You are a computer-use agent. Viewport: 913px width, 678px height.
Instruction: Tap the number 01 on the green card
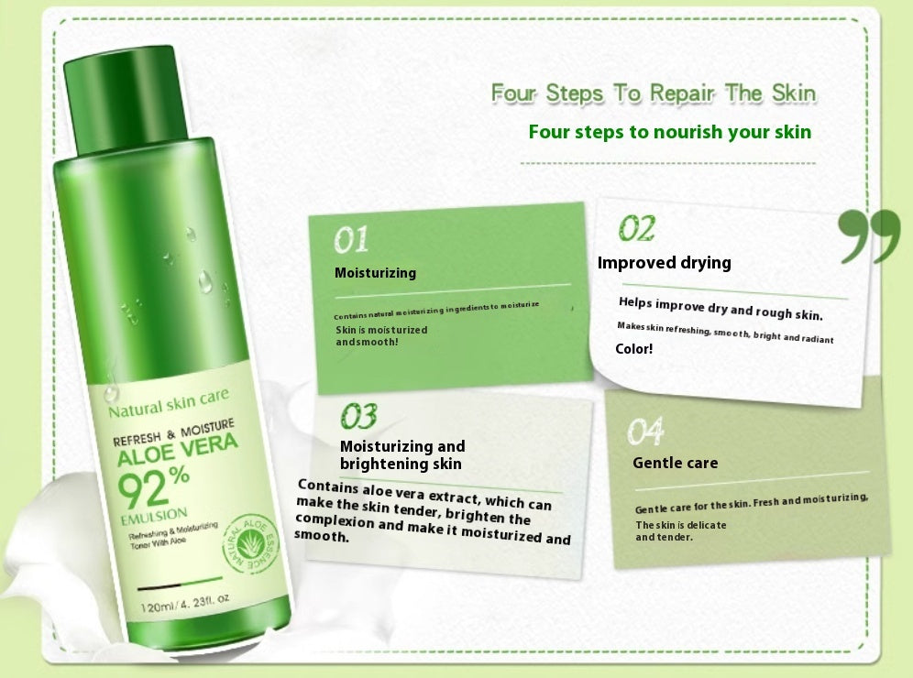tap(351, 240)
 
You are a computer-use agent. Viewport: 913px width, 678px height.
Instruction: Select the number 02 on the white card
tap(636, 228)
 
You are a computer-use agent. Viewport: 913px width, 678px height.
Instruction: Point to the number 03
tap(358, 417)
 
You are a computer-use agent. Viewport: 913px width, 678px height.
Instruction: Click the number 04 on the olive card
tap(645, 431)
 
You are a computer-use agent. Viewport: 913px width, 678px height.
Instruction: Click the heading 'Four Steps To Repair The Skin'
tap(653, 93)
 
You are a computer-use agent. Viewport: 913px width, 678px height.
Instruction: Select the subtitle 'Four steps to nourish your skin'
tap(669, 132)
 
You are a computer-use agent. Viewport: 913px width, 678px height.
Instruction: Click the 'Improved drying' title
tap(664, 263)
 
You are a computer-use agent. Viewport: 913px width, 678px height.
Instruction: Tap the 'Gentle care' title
tap(675, 463)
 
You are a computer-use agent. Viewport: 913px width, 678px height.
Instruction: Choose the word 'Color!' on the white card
tap(633, 349)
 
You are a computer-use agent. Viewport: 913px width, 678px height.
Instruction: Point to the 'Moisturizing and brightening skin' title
tap(402, 454)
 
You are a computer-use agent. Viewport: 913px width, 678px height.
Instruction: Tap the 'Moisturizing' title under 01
tap(375, 273)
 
